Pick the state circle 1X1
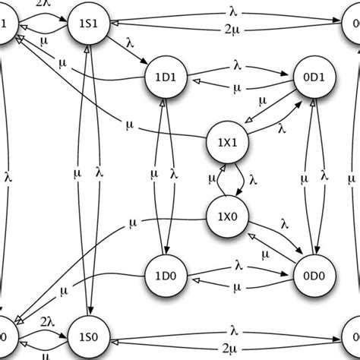[227, 141]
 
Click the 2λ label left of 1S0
[46, 321]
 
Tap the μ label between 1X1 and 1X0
[212, 179]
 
